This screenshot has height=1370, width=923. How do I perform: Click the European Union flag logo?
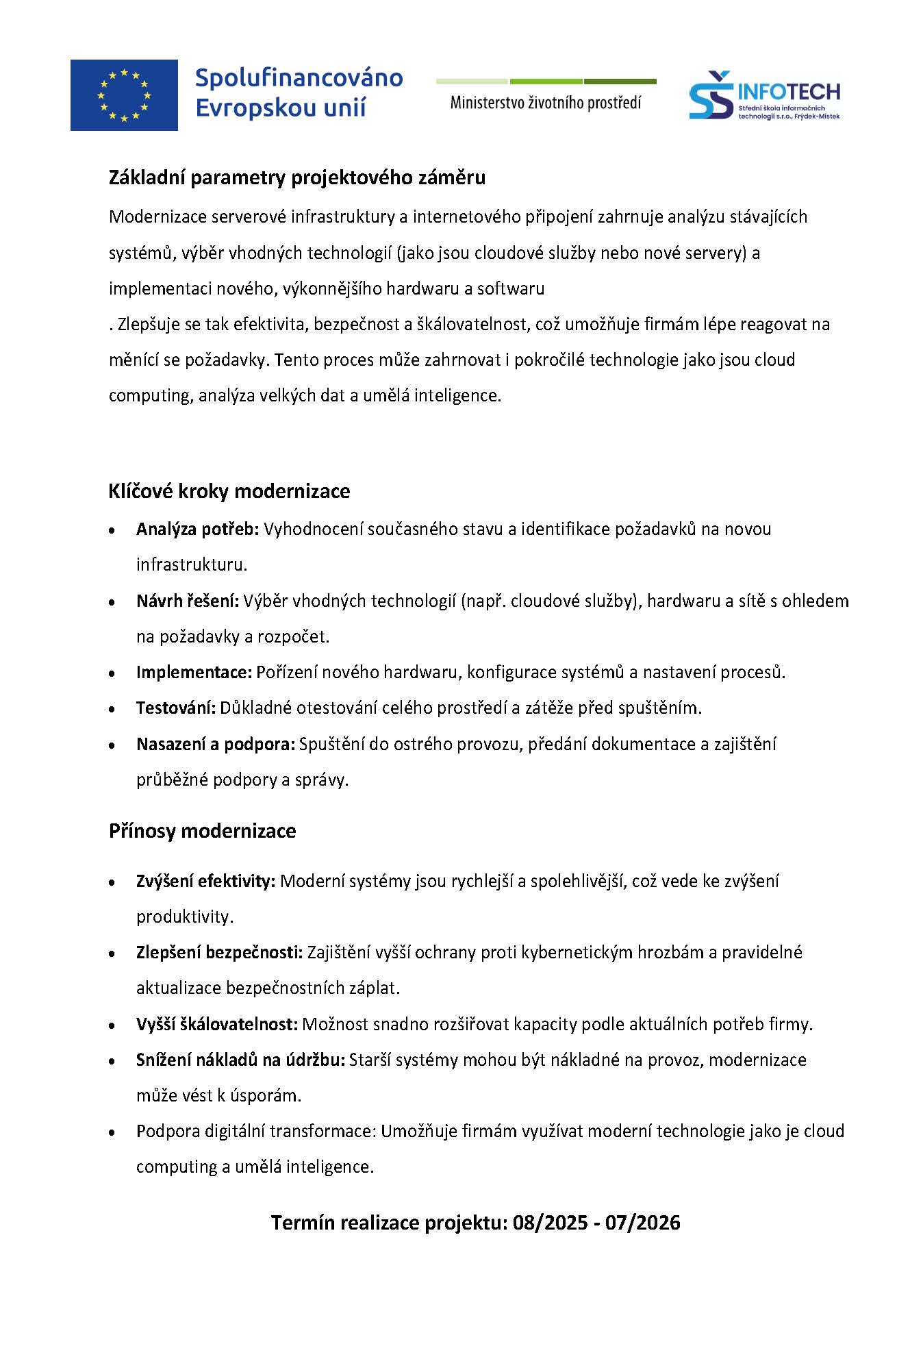(x=124, y=95)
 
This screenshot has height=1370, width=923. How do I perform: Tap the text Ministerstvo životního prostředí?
(x=546, y=103)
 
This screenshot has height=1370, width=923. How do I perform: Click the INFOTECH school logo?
(x=764, y=97)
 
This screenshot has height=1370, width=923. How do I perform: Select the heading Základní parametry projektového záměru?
(x=297, y=178)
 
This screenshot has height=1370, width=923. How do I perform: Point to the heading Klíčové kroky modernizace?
(x=229, y=491)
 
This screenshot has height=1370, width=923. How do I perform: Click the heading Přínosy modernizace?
(x=203, y=831)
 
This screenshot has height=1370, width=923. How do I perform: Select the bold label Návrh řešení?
(x=188, y=601)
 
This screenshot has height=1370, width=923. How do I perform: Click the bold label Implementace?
(x=194, y=673)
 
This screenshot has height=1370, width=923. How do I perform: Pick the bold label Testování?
(x=176, y=708)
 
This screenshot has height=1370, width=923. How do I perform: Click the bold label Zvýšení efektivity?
(x=205, y=882)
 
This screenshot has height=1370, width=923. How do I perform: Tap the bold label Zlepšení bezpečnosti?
(x=219, y=953)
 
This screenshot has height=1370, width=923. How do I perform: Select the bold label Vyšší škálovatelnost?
(x=217, y=1025)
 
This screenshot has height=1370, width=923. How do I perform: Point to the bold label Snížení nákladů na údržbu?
(x=240, y=1060)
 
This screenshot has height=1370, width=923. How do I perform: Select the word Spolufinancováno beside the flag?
(x=299, y=78)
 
